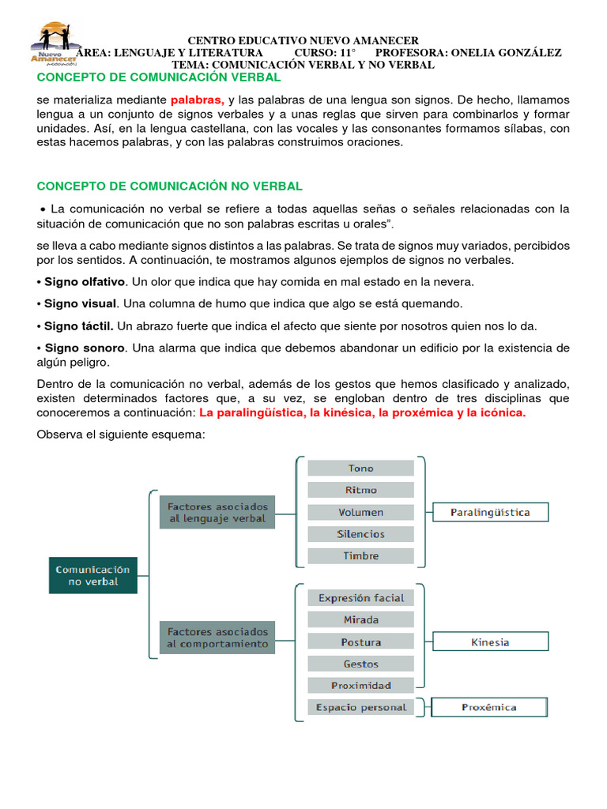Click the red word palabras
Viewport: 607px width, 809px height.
coord(198,100)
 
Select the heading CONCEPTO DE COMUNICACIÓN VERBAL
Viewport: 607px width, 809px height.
coord(159,77)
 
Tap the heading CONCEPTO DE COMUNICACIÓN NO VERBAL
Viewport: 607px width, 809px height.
coord(170,186)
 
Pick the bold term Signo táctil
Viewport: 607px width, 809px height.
coord(78,325)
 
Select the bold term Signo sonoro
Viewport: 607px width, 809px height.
coord(84,348)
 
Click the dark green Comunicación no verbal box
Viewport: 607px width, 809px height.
coord(92,575)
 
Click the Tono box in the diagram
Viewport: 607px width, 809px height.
coord(360,468)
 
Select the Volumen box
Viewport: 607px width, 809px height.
coord(360,512)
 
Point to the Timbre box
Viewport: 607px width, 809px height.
coord(360,555)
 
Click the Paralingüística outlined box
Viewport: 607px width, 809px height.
coord(490,512)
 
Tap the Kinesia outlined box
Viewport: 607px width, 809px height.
coord(490,642)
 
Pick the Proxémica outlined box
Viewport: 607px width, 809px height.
coord(490,707)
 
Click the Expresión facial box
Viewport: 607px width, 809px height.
coord(360,598)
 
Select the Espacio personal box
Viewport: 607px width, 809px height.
coord(360,707)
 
